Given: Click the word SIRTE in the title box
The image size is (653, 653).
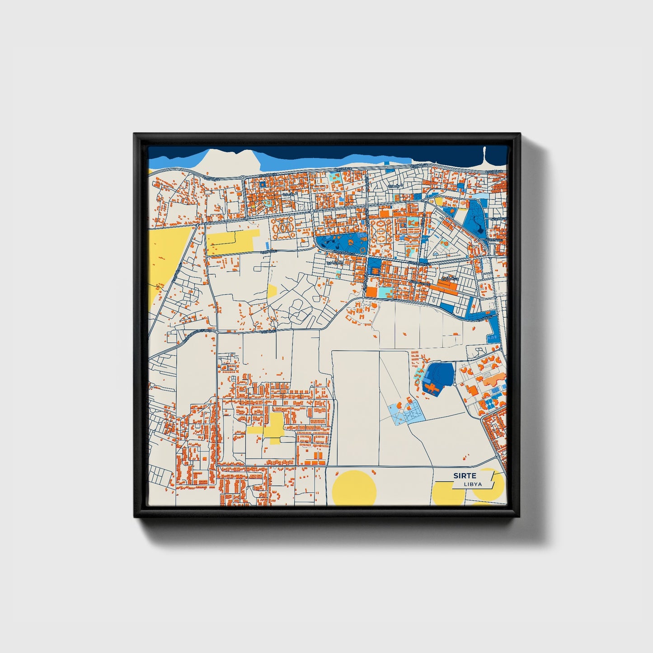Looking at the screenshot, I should tap(465, 475).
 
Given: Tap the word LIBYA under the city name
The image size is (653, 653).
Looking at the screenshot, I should tap(472, 484).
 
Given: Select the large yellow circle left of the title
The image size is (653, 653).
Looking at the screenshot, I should tap(354, 488).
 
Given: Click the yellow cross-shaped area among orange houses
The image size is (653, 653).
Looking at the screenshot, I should tap(273, 427).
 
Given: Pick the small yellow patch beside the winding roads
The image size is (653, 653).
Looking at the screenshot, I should tap(272, 291).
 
